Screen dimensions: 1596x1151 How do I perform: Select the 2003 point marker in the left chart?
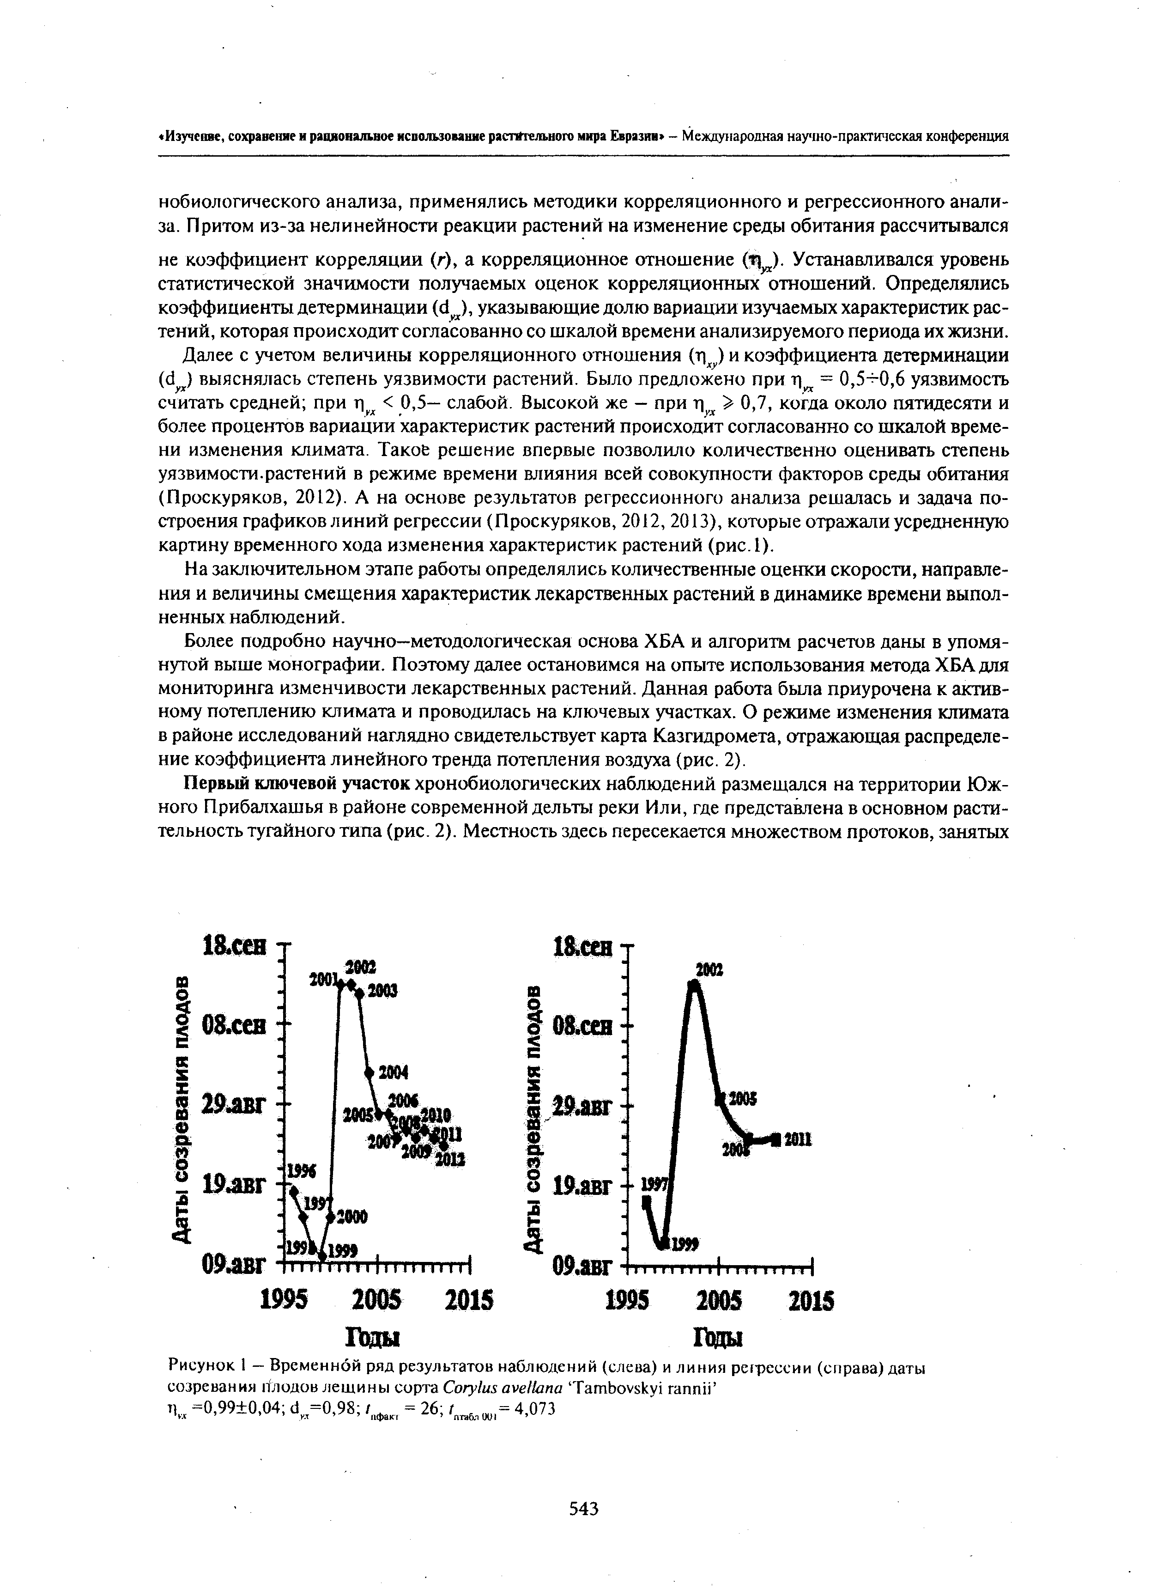click(x=359, y=992)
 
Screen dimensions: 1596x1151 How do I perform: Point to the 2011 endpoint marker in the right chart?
click(x=776, y=1139)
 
